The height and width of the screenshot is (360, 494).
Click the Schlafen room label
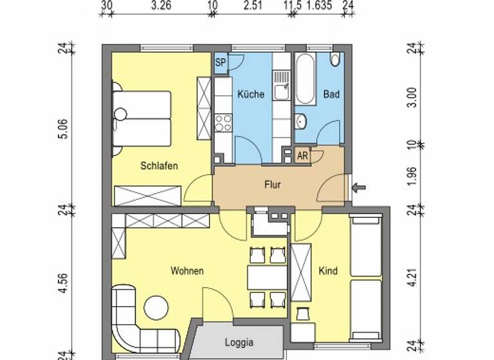(159, 165)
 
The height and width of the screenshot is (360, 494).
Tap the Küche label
(251, 94)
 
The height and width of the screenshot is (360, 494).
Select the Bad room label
(331, 94)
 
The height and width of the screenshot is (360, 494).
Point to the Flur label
(273, 184)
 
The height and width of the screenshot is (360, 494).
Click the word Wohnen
(187, 271)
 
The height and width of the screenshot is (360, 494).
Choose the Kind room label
(328, 271)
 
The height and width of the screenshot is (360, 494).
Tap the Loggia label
(239, 342)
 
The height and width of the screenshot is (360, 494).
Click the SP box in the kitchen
(220, 62)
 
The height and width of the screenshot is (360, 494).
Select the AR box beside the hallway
(302, 156)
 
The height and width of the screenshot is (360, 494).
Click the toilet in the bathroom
(334, 60)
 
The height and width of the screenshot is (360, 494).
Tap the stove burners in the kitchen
(223, 122)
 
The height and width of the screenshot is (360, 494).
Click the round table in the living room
(156, 307)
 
